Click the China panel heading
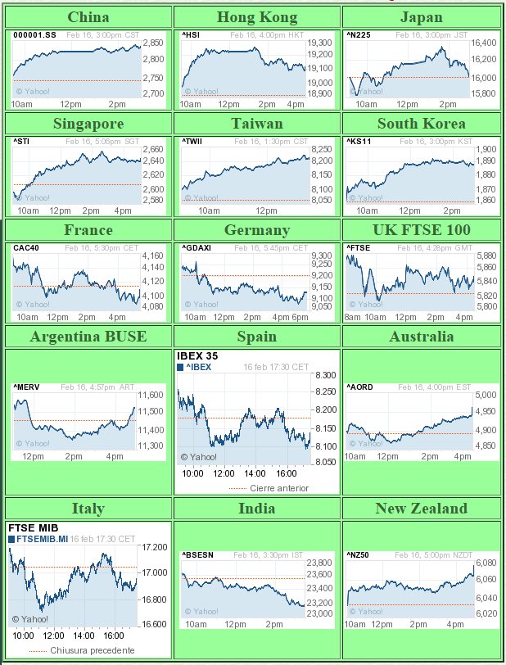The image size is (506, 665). coord(88,17)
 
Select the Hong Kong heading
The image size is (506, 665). coord(257,17)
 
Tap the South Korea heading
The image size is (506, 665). coord(421,124)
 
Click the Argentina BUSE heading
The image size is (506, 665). coord(88,337)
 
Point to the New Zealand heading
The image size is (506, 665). coord(421,509)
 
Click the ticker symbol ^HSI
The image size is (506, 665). coord(190,35)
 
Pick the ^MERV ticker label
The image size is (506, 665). coord(26,387)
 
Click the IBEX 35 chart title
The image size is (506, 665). coord(197,355)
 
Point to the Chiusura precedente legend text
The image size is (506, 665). coord(93,650)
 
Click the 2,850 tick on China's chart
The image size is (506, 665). coord(153,42)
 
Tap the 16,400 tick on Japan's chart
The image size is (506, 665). coord(484,42)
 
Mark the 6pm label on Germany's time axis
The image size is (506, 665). coord(300,317)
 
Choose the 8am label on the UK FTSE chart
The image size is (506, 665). coord(353,317)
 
